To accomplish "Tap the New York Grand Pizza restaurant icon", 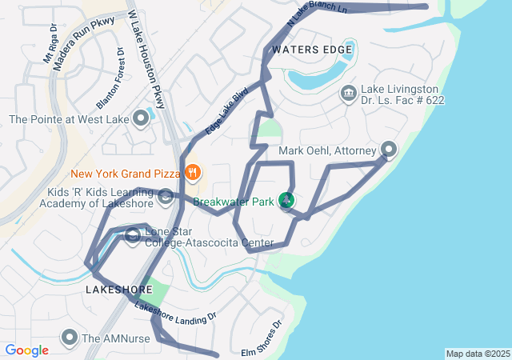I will point(192,172).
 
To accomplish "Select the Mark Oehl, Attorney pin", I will point(389,150).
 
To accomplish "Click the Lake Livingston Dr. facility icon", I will point(349,94).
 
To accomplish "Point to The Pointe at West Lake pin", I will point(142,120).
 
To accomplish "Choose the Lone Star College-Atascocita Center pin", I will point(133,235).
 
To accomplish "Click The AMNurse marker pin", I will point(70,338).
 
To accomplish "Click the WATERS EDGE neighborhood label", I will point(312,50).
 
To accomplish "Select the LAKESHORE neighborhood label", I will point(118,290).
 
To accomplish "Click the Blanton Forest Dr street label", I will point(111,78).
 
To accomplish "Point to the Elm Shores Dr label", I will point(262,340).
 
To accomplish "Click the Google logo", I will point(26,350).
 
